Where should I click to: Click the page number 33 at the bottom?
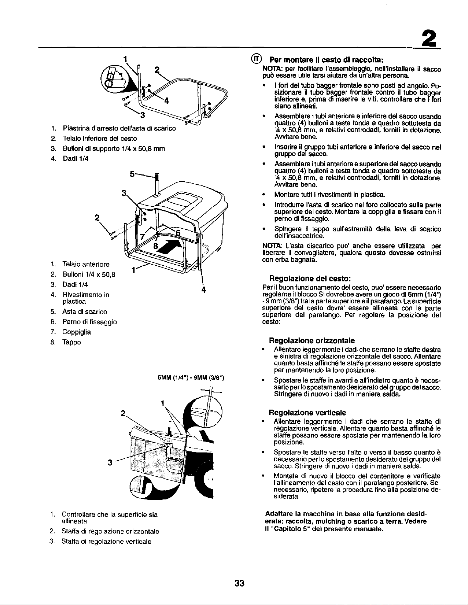[239, 583]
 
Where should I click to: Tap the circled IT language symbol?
[256, 59]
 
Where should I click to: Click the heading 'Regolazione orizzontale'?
[312, 340]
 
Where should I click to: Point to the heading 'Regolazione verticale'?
[308, 412]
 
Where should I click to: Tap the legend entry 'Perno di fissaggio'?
[89, 322]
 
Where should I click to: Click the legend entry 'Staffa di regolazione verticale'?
[106, 542]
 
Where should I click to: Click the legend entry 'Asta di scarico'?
[85, 312]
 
